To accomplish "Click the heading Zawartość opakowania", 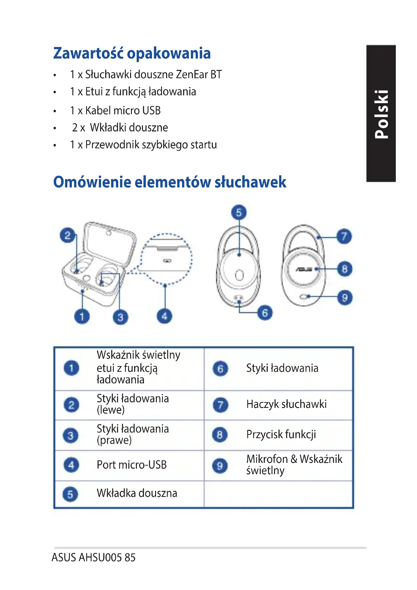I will click(132, 53).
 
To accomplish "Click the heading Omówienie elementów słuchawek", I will click(169, 182).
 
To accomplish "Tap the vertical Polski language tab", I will click(381, 114).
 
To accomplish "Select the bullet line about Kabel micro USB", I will click(115, 110).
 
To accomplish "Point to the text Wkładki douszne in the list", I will click(129, 127).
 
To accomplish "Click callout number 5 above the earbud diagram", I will click(239, 212).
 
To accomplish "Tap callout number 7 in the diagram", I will click(344, 236).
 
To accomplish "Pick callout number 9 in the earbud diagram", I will click(345, 298).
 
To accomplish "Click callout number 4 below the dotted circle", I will click(165, 316).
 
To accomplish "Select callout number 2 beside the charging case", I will click(68, 235).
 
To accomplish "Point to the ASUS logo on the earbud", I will click(304, 269).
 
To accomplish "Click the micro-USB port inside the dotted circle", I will click(167, 261).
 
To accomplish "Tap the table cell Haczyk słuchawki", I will click(286, 404).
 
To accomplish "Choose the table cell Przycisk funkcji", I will click(281, 435).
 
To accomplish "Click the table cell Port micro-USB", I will click(132, 465).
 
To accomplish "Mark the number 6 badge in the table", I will click(220, 369).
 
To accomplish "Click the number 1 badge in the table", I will click(71, 368).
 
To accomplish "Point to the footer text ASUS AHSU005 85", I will click(94, 557).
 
